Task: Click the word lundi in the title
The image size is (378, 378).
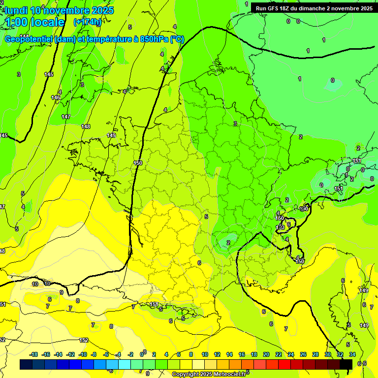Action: pyautogui.click(x=16, y=10)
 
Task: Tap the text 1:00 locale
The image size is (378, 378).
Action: pyautogui.click(x=35, y=23)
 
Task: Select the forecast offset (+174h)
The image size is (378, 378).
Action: pyautogui.click(x=87, y=22)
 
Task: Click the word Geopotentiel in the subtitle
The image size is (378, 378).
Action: pyautogui.click(x=29, y=39)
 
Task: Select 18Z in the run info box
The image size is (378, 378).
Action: pyautogui.click(x=291, y=8)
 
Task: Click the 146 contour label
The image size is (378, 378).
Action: pyautogui.click(x=56, y=97)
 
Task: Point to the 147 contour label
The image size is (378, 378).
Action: pyautogui.click(x=66, y=117)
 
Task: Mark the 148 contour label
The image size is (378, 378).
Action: pyautogui.click(x=86, y=126)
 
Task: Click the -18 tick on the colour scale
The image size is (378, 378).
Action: pyautogui.click(x=34, y=354)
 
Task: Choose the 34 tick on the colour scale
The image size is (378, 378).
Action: pyautogui.click(x=352, y=354)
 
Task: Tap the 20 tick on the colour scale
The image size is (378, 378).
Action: pyautogui.click(x=266, y=354)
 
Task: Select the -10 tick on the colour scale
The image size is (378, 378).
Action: pyautogui.click(x=83, y=354)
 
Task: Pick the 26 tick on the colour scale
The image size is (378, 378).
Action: pyautogui.click(x=303, y=354)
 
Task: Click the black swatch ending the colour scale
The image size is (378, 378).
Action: pyautogui.click(x=346, y=364)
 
